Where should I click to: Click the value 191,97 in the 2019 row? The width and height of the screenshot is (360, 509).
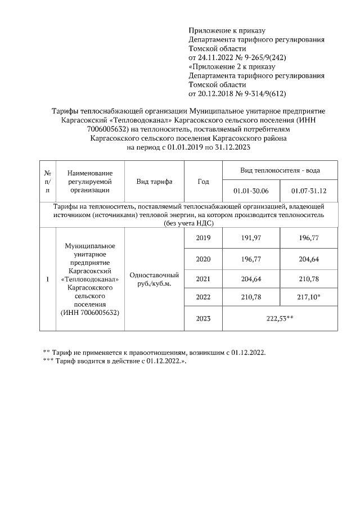tap(251, 238)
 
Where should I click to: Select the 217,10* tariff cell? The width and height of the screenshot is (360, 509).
tap(309, 297)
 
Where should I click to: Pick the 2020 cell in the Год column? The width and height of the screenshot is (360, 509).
tap(203, 259)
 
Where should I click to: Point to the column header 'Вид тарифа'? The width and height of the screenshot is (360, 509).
tap(154, 182)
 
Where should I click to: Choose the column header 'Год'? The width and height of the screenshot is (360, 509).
tap(203, 182)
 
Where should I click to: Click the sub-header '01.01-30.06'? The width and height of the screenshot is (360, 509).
tap(251, 191)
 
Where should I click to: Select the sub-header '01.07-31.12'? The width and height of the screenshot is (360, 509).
tap(309, 191)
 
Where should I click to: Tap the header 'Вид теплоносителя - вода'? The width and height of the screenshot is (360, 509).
tap(280, 170)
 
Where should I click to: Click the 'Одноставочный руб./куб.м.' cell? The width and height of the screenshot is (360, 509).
tap(154, 279)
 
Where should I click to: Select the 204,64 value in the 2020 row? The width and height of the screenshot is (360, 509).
tap(309, 259)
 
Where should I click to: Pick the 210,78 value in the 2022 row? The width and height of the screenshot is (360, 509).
tap(251, 297)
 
